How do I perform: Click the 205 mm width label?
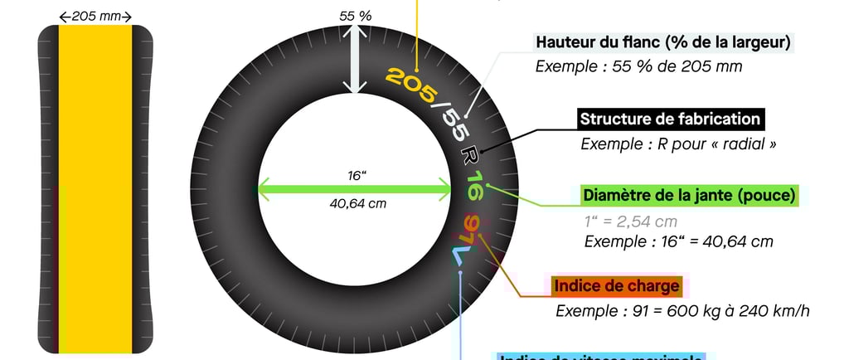coord(95,17)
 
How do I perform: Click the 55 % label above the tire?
coord(355,17)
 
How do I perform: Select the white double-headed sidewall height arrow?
coord(355,58)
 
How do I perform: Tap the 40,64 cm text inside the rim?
coord(357,203)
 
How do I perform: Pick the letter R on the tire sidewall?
coord(470,154)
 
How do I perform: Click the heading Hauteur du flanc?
coord(664,42)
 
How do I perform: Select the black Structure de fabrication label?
coord(669,119)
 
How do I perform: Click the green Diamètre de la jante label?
coord(690,196)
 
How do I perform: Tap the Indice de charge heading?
coord(616,287)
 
